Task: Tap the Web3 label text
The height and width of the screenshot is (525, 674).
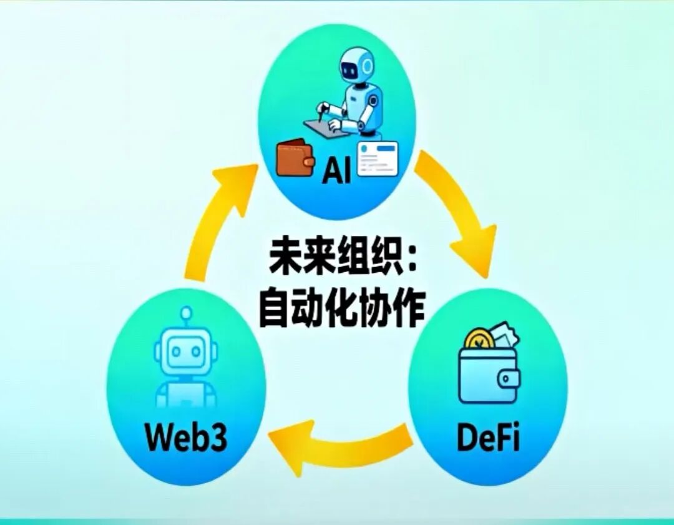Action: pyautogui.click(x=187, y=438)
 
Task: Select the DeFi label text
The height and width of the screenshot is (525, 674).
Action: pyautogui.click(x=488, y=438)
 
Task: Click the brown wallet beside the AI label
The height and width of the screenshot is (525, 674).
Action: pyautogui.click(x=295, y=157)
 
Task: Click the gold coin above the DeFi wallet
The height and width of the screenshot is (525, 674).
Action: pyautogui.click(x=480, y=341)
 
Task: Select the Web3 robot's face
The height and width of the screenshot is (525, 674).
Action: pyautogui.click(x=185, y=353)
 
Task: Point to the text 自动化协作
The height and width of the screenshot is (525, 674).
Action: pyautogui.click(x=341, y=308)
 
